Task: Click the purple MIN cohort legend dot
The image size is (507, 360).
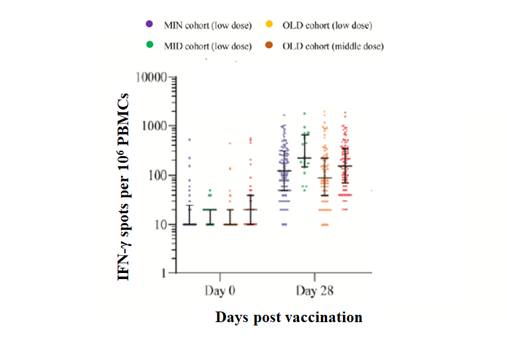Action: (151, 25)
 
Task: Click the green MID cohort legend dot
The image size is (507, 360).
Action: (151, 45)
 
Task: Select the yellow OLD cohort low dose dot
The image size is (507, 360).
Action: (270, 25)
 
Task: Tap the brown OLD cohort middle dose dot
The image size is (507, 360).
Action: (270, 45)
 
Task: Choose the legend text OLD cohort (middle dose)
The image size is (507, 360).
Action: (333, 46)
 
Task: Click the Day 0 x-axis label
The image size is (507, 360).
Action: (219, 292)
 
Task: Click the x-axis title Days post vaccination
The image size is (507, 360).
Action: (288, 317)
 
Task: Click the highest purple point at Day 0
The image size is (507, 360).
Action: (189, 139)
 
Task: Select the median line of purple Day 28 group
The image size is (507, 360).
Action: (284, 171)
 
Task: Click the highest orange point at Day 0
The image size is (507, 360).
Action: (231, 143)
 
